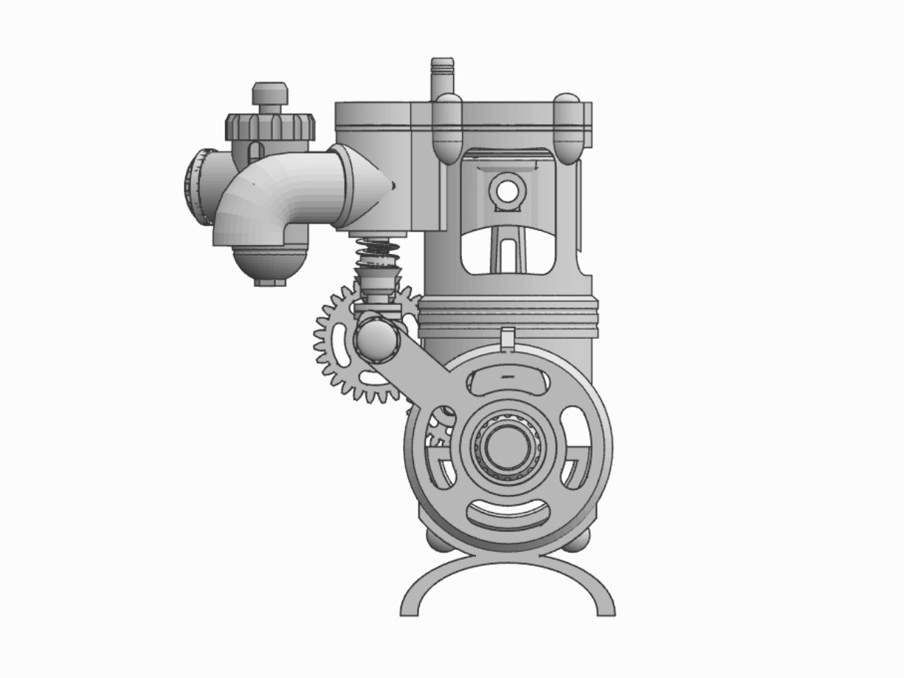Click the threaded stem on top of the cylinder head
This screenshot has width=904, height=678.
[x=442, y=74]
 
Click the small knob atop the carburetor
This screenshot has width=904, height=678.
[x=270, y=94]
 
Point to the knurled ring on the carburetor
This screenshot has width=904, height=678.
[x=271, y=126]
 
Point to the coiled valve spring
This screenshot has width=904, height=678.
[x=377, y=255]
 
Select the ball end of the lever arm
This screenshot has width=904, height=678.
[x=377, y=338]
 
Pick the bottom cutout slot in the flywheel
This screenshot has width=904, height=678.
[x=508, y=513]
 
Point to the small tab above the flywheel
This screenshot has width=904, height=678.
[x=507, y=338]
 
